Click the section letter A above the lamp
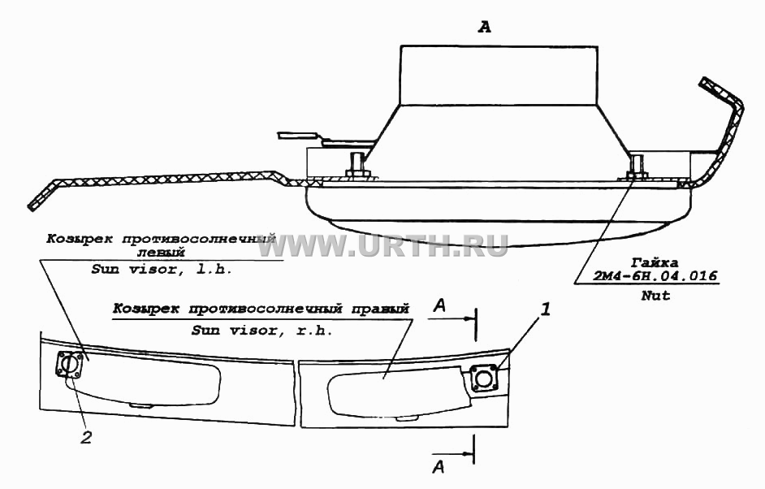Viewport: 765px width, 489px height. point(484,28)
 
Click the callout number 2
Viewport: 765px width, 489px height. point(86,437)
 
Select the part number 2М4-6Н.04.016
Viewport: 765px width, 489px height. point(655,275)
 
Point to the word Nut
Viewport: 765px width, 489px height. point(655,295)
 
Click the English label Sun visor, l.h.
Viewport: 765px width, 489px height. point(161,270)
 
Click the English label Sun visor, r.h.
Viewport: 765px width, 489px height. point(261,331)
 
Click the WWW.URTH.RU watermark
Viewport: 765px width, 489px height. point(382,245)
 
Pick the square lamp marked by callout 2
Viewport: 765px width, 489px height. point(69,365)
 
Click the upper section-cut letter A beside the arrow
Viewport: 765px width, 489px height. point(440,306)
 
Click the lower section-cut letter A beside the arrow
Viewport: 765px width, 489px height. point(439,467)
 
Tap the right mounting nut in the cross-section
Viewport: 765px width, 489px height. point(636,174)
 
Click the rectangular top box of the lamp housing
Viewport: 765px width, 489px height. point(499,75)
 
